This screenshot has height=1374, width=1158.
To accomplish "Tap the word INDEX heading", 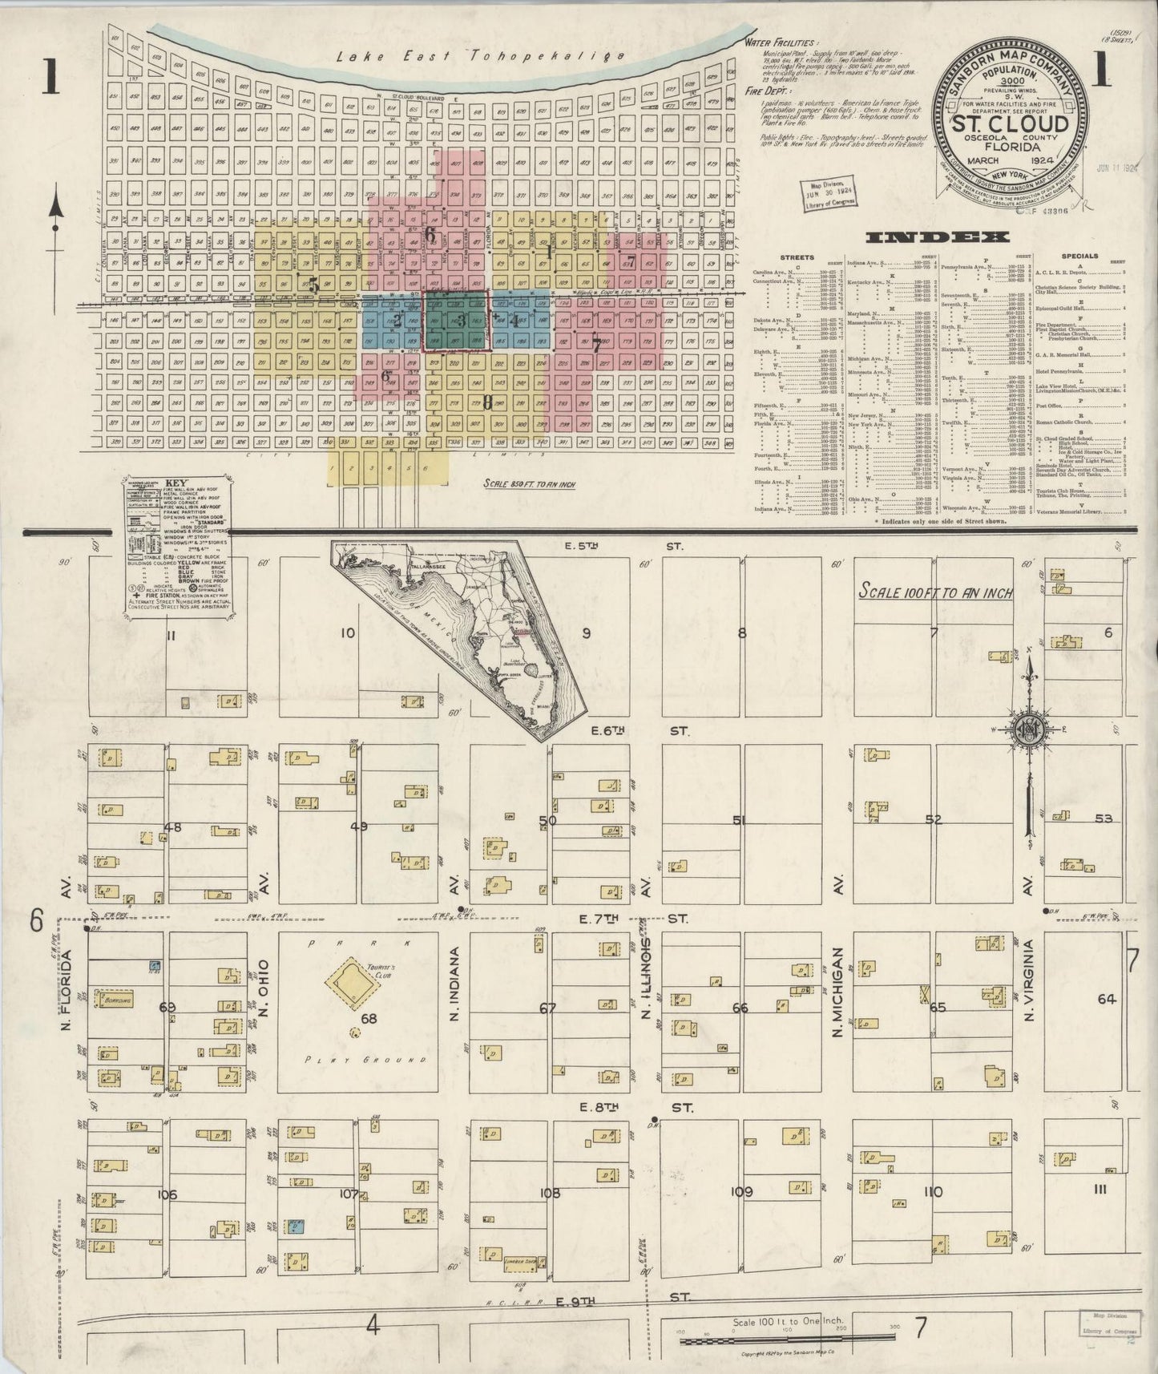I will tap(937, 237).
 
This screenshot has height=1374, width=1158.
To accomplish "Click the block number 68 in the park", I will tap(369, 1019).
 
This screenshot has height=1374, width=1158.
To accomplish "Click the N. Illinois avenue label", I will tap(646, 983).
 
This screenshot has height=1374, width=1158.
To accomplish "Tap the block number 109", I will tap(741, 1192).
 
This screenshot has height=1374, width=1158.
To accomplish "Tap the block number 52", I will tap(933, 820).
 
